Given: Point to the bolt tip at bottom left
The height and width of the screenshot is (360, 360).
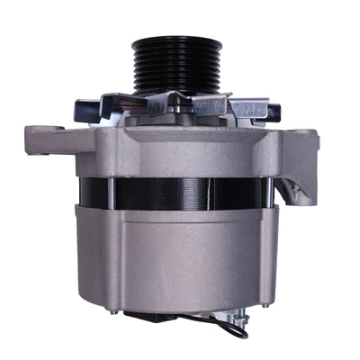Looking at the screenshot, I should pos(111,311).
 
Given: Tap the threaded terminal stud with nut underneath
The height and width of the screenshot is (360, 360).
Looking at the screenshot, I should pos(237,319).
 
